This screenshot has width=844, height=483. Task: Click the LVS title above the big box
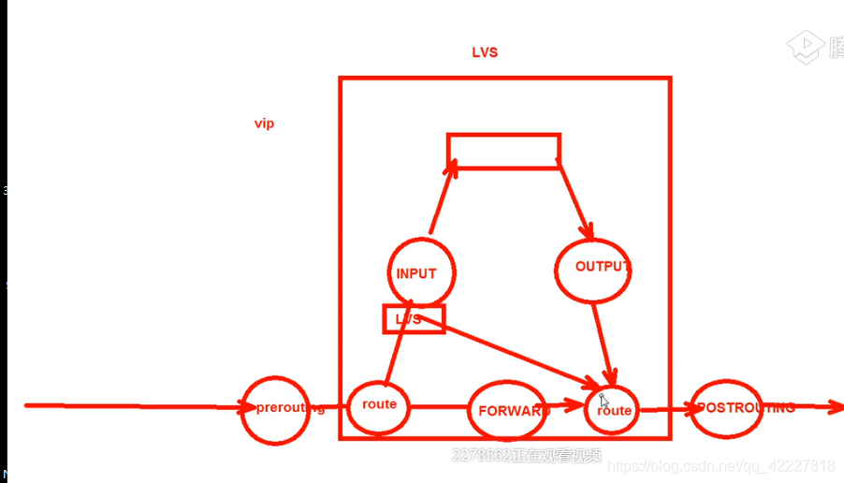[485, 52]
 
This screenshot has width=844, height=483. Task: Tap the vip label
[265, 124]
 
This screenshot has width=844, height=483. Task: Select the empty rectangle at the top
[503, 151]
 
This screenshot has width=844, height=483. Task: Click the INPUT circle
[422, 273]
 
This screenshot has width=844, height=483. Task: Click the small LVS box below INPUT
[413, 319]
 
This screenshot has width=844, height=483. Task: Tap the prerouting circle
[275, 409]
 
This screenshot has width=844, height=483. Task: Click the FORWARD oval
[507, 411]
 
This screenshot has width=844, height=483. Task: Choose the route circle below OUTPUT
[614, 410]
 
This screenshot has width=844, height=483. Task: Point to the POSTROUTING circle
[726, 408]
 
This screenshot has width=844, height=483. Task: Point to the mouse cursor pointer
[604, 401]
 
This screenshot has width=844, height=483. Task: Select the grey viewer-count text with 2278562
[527, 456]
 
